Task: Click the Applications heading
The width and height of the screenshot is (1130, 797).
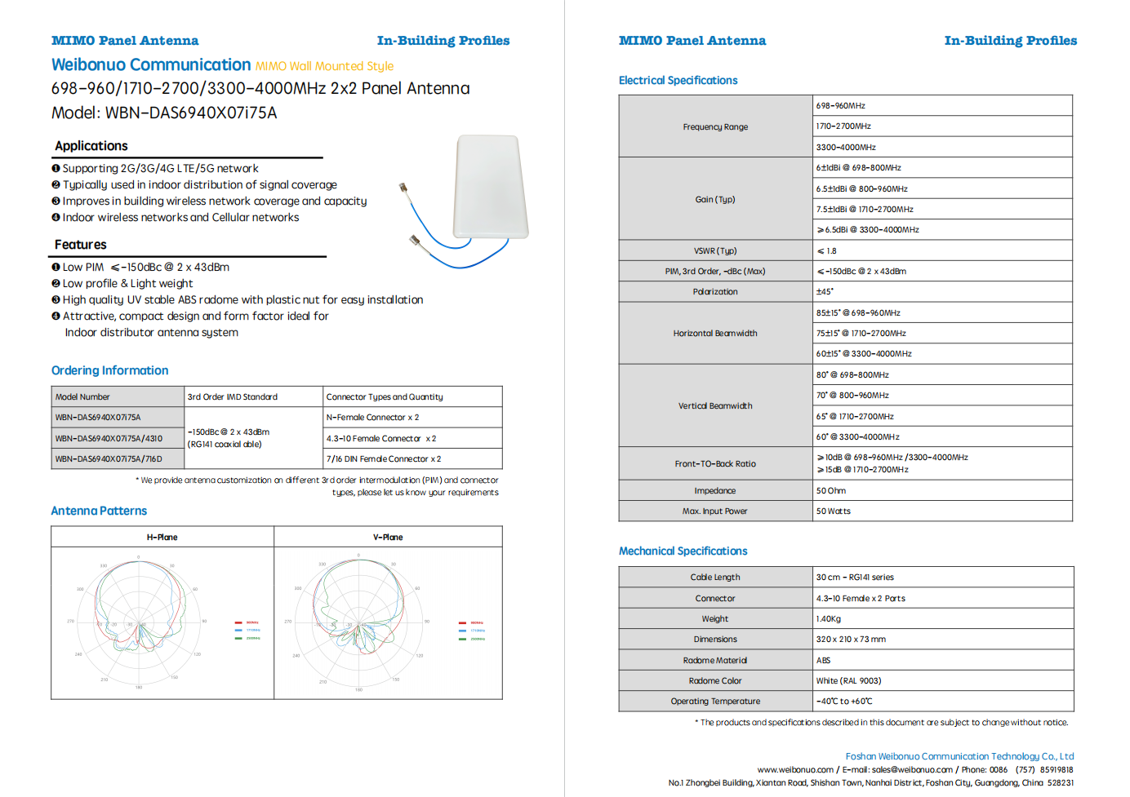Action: click(x=91, y=146)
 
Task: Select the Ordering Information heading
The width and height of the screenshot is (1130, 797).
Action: click(x=110, y=370)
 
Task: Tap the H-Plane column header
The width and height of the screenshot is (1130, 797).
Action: click(x=162, y=537)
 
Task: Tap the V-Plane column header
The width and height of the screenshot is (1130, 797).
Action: click(x=388, y=537)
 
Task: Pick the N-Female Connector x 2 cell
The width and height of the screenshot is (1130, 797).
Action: click(x=372, y=417)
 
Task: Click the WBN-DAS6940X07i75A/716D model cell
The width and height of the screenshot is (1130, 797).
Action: click(x=109, y=458)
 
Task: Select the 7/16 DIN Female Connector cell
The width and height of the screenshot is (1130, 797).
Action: click(x=383, y=458)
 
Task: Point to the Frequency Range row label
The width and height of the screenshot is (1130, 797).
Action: click(x=715, y=126)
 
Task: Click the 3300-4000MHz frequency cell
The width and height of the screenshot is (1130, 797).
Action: click(x=846, y=148)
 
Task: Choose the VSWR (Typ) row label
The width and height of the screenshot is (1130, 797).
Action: click(x=715, y=250)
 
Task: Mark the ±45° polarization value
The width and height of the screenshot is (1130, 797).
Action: click(x=825, y=291)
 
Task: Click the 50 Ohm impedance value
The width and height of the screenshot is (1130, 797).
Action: click(x=831, y=490)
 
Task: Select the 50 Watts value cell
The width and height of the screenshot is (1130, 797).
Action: click(x=833, y=511)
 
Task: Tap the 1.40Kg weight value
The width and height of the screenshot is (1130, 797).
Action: click(x=829, y=618)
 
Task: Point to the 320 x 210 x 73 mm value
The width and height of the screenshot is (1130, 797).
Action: click(x=851, y=639)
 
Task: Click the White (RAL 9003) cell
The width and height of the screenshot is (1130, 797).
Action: click(x=848, y=680)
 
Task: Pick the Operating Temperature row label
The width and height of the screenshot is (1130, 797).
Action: click(x=715, y=701)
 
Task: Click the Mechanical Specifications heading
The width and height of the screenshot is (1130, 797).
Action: click(x=683, y=551)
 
